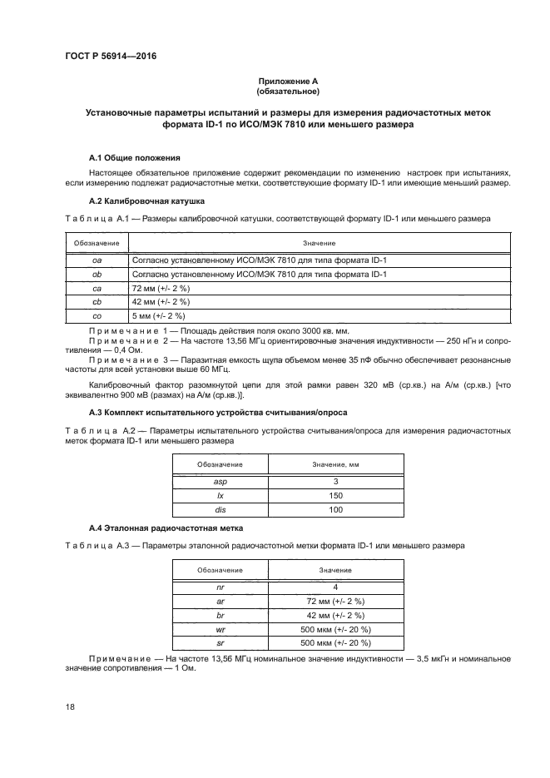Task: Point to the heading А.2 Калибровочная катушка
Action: click(148, 201)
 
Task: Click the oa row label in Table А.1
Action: click(96, 260)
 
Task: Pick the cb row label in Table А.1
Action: click(96, 301)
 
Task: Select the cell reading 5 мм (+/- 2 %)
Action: click(158, 315)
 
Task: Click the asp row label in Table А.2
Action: click(220, 481)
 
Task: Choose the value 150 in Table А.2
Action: click(335, 495)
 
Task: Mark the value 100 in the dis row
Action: click(335, 509)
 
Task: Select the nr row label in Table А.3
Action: click(220, 587)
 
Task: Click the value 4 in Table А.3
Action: click(335, 587)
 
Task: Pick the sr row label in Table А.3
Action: click(220, 643)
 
